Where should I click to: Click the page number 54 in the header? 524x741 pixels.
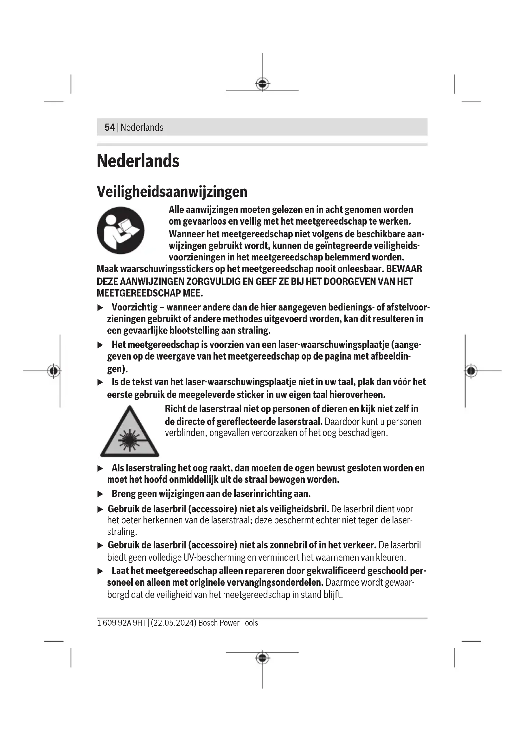coord(109,127)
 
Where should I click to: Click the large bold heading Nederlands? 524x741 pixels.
coord(138,161)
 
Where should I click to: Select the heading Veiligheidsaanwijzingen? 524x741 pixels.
coord(172,192)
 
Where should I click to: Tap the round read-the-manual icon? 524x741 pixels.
coord(121,230)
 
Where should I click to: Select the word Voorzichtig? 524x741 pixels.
coord(135,307)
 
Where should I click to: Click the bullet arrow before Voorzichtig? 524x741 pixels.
coord(100,308)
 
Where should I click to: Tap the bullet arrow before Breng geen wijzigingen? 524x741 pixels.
coord(100,494)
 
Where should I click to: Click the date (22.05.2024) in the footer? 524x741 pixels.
coord(174,623)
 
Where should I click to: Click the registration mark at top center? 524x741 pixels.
coord(262,84)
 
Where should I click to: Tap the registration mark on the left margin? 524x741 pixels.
coord(54,371)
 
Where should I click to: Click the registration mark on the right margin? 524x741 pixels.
coord(471,371)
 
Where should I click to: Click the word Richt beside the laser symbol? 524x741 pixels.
coord(175,409)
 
